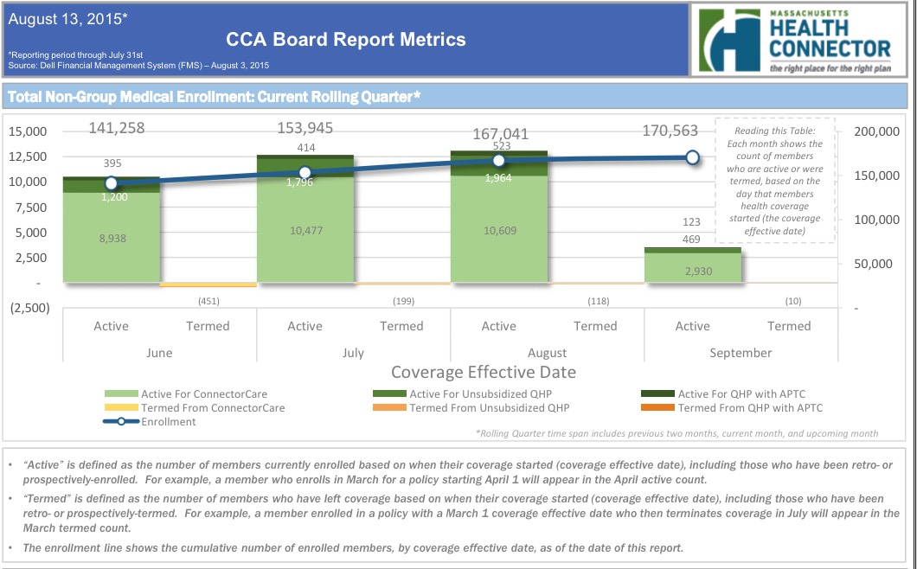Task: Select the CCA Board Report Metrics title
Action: point(345,39)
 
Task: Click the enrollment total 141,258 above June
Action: point(117,129)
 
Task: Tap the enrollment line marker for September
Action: point(692,157)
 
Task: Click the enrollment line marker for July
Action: point(305,172)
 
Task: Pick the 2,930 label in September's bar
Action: point(692,271)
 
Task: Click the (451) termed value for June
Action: point(208,301)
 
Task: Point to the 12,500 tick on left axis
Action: point(30,157)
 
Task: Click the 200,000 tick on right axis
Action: point(877,131)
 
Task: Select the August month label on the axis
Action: point(547,353)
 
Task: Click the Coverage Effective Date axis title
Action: point(483,373)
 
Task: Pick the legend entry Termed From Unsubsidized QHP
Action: point(489,408)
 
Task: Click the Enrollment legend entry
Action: point(168,422)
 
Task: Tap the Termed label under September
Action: point(789,326)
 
